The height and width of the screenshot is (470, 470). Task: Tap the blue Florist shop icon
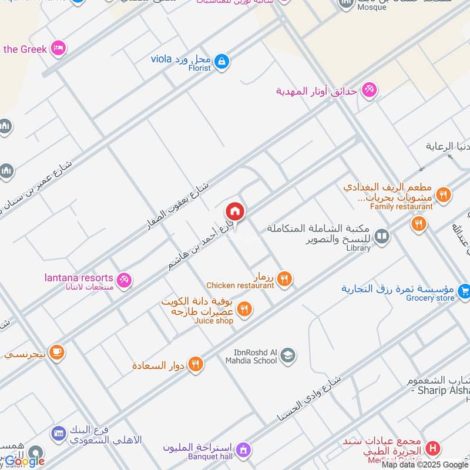[x=221, y=61]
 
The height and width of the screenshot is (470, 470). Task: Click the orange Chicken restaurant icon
[x=284, y=279]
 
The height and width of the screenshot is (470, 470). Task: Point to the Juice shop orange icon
[x=244, y=308]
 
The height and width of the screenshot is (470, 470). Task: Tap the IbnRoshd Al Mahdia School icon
[x=287, y=355]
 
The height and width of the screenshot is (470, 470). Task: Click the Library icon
[x=382, y=236]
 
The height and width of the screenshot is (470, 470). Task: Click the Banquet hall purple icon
[x=244, y=451]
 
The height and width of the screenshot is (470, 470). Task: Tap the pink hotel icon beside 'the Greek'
[x=58, y=48]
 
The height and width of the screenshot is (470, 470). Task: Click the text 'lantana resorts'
[x=78, y=277]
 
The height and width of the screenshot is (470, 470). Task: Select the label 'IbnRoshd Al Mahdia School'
[x=251, y=356]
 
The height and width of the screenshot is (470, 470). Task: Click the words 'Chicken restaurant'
[x=240, y=286]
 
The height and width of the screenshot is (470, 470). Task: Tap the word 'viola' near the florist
[x=160, y=58]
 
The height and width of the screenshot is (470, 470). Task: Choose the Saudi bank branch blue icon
[x=58, y=434]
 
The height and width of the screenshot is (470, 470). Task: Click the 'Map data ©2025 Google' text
[x=425, y=465]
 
